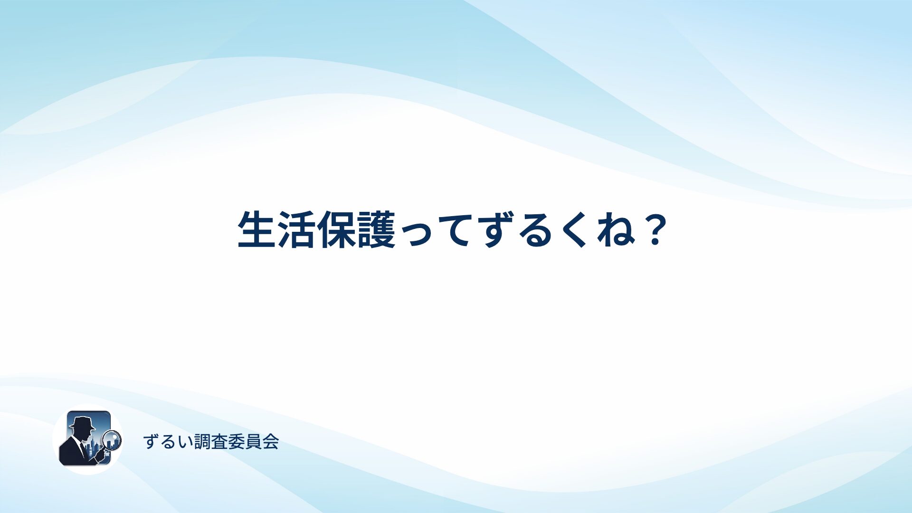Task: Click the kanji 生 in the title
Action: (x=257, y=229)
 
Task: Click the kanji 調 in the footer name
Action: (x=203, y=442)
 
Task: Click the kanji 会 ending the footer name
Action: (x=270, y=442)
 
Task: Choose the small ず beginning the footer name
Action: (x=151, y=442)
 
